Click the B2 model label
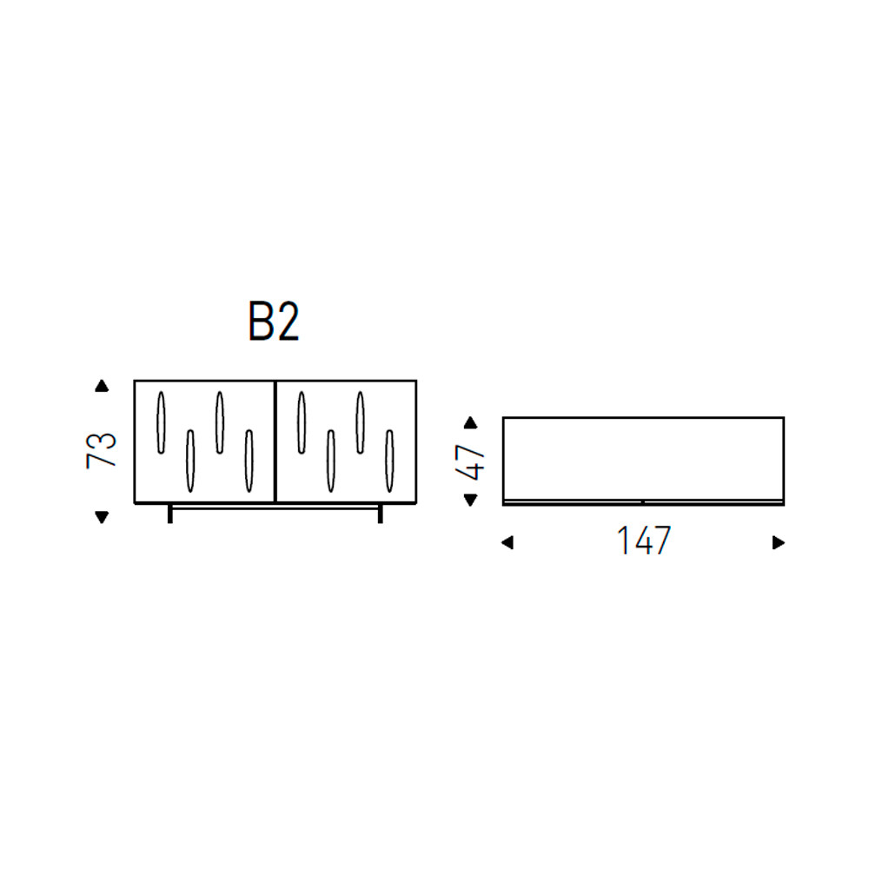[x=274, y=322]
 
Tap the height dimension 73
[x=102, y=450]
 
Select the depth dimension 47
[x=470, y=462]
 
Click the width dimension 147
[x=644, y=541]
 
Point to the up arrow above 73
[x=102, y=386]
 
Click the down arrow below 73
[x=102, y=517]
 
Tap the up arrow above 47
[x=470, y=423]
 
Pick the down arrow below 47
[x=470, y=500]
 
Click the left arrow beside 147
[x=507, y=542]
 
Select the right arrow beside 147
[x=779, y=542]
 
